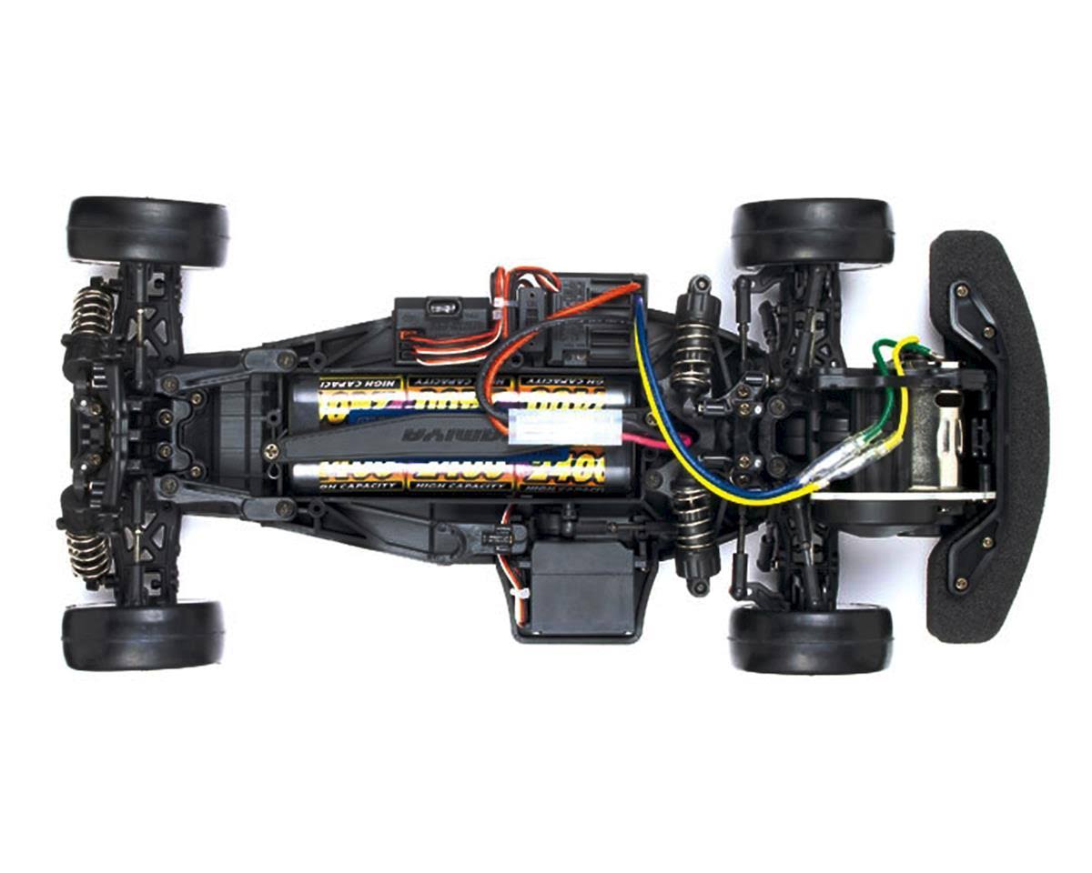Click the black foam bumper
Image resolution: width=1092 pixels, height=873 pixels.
tap(987, 436)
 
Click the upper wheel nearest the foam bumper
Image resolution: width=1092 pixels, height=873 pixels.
tap(813, 234)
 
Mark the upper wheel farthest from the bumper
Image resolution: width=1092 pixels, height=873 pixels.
tap(147, 231)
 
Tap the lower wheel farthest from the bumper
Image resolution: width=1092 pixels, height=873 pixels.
tap(143, 634)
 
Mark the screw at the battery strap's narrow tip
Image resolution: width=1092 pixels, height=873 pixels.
tap(270, 449)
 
